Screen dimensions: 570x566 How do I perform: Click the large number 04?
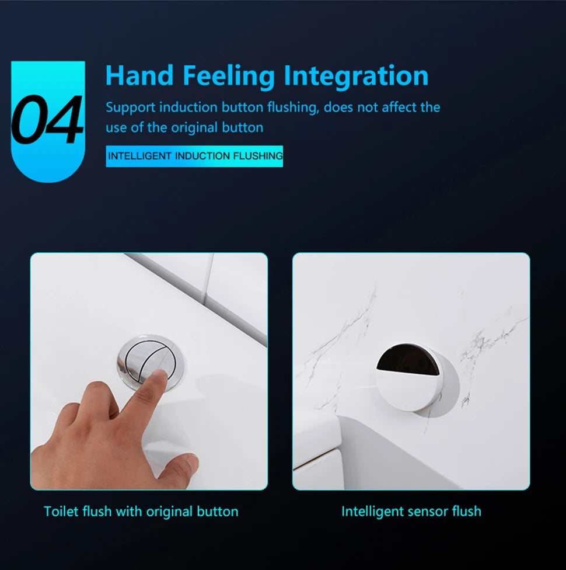48,120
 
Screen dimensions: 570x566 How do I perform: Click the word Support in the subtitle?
130,108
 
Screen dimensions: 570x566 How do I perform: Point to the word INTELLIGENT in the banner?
140,156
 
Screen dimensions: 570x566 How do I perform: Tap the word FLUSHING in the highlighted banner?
258,156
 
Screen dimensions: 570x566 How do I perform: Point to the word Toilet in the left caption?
61,512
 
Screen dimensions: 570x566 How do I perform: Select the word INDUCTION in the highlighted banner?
202,156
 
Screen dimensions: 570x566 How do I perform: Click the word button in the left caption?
217,512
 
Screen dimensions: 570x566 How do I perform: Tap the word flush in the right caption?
466,512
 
